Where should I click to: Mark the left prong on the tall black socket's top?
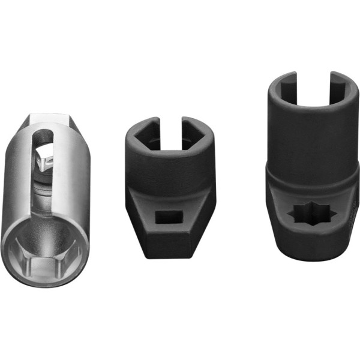281,84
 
